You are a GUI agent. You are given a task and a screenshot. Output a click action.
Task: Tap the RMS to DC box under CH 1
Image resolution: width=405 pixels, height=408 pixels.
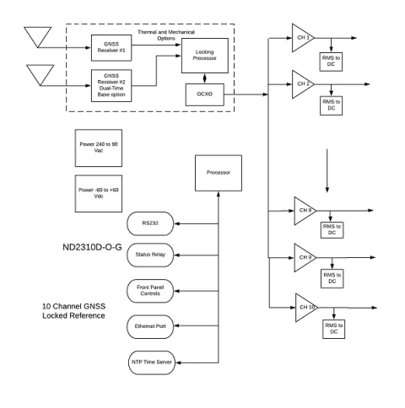point(330,61)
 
